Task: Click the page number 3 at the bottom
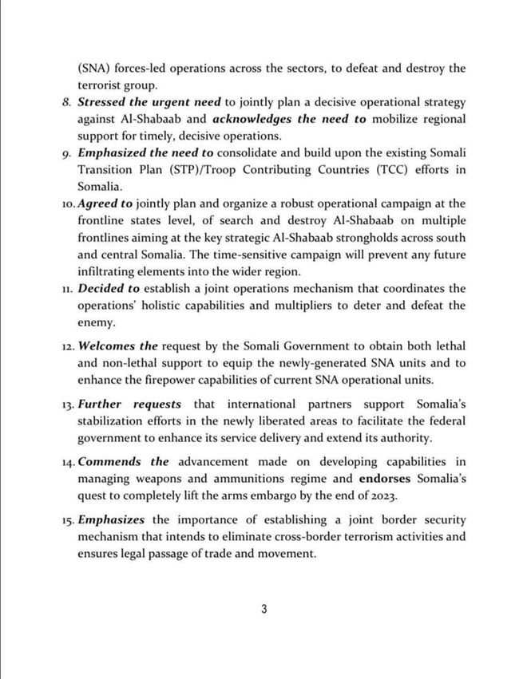coord(263,610)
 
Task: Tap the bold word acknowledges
coord(244,120)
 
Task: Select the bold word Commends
coord(110,462)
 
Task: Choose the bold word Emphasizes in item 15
coord(112,519)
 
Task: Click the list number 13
coord(67,405)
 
